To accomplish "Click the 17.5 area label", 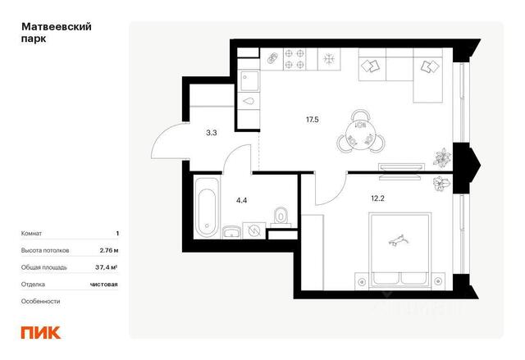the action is click(x=312, y=120).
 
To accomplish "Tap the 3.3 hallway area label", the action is click(x=212, y=133).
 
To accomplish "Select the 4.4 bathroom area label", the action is click(x=241, y=200).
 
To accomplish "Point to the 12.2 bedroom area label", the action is click(x=377, y=198).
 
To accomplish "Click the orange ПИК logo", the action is click(x=41, y=332).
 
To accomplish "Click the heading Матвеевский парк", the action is click(x=57, y=33).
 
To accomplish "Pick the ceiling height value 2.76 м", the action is click(x=109, y=250).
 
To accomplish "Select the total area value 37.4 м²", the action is click(x=106, y=267).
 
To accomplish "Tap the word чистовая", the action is click(x=104, y=285).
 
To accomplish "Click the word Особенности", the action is click(x=40, y=301).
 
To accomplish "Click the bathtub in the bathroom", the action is click(x=207, y=208).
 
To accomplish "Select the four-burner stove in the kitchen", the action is click(x=295, y=59).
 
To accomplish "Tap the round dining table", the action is click(x=360, y=133).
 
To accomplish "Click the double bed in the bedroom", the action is click(x=399, y=250).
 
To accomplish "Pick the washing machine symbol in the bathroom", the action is click(x=254, y=230).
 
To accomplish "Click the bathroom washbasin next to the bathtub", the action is click(x=231, y=232).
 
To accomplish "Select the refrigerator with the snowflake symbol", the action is click(x=329, y=59).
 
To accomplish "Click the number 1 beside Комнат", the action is click(x=117, y=234).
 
